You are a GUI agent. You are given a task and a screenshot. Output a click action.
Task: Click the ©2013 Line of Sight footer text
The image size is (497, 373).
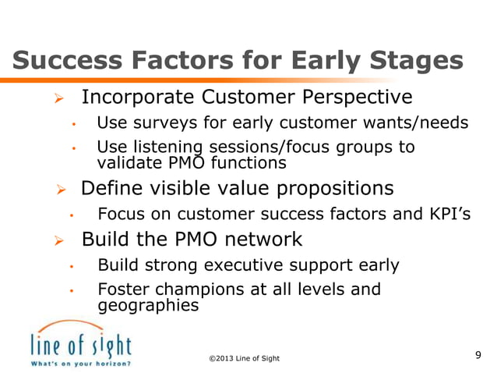[x=244, y=357]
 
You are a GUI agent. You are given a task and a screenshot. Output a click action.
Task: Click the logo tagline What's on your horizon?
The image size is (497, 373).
[x=80, y=363]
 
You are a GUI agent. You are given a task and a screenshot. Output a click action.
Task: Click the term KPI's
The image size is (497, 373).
[x=450, y=214]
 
